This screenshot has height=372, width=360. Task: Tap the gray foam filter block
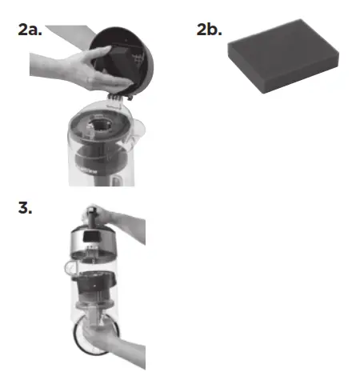click(x=276, y=68)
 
